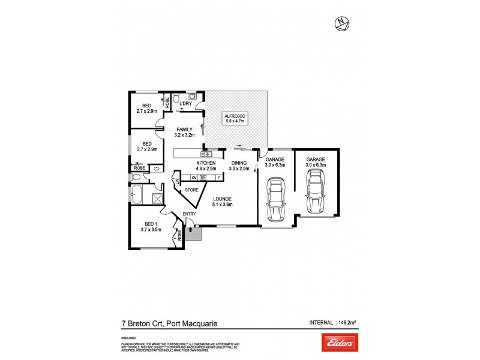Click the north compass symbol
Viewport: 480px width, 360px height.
(341, 24)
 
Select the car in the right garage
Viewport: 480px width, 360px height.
(316, 191)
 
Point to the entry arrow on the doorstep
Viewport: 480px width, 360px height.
(191, 228)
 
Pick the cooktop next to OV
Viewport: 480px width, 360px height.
(203, 178)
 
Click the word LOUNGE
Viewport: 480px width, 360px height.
(221, 199)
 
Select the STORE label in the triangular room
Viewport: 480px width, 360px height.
(191, 190)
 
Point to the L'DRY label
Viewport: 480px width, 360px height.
(185, 104)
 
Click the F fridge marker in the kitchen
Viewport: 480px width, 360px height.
(219, 178)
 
